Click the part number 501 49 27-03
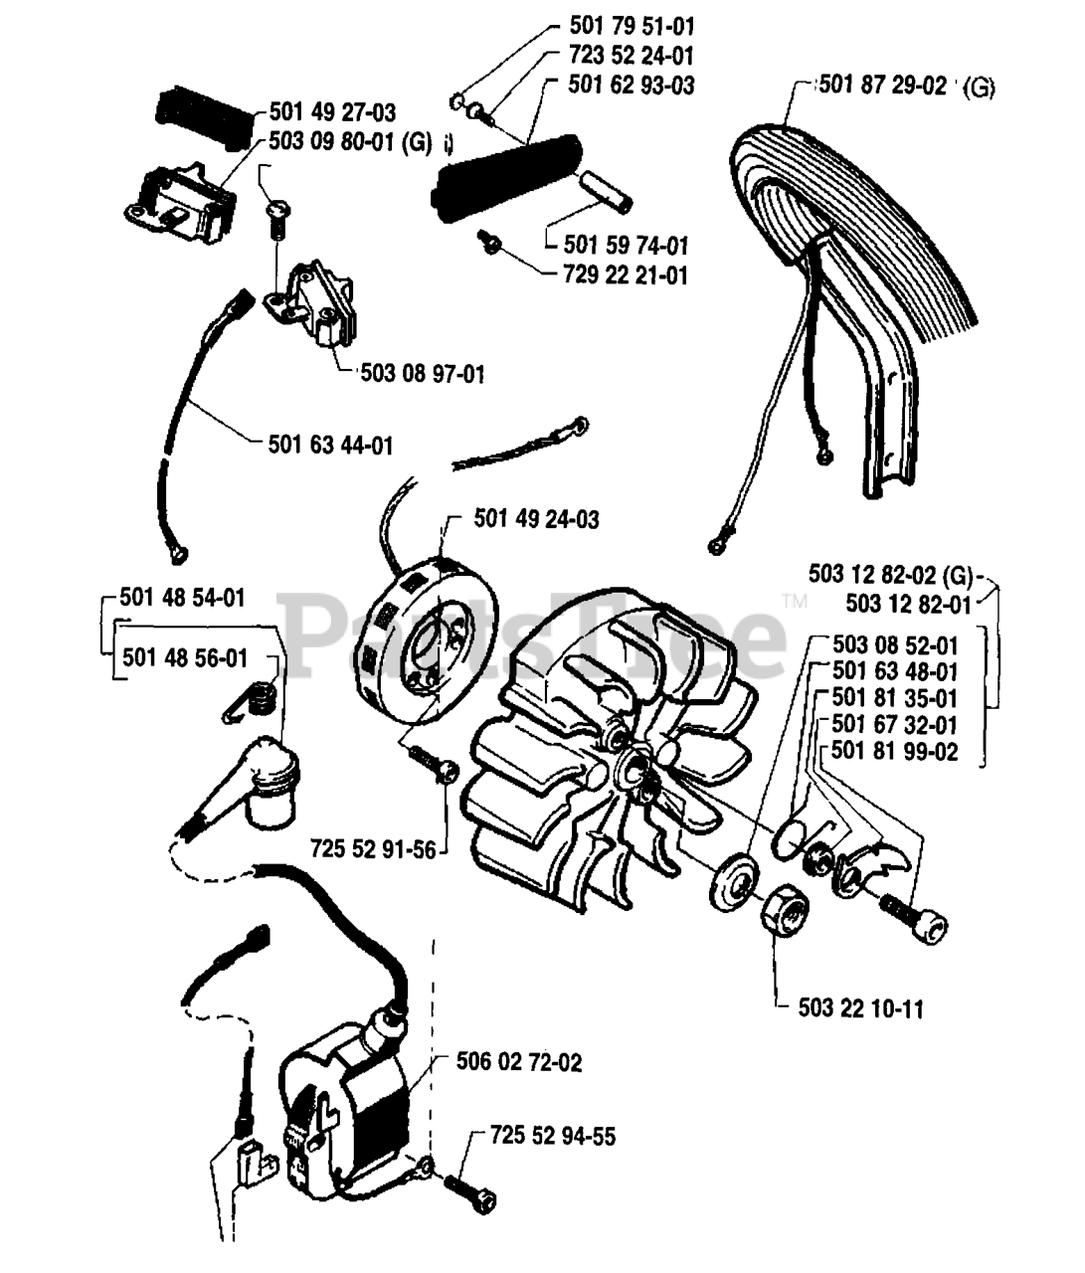point(332,113)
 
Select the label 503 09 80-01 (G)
point(350,142)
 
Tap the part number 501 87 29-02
point(882,86)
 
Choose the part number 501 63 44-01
point(331,445)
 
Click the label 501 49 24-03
point(536,518)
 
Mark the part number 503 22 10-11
point(860,1008)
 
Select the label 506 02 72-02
point(519,1063)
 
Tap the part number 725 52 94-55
point(553,1136)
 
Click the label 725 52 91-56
point(373,850)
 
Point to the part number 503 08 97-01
point(423,374)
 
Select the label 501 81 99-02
point(895,752)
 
